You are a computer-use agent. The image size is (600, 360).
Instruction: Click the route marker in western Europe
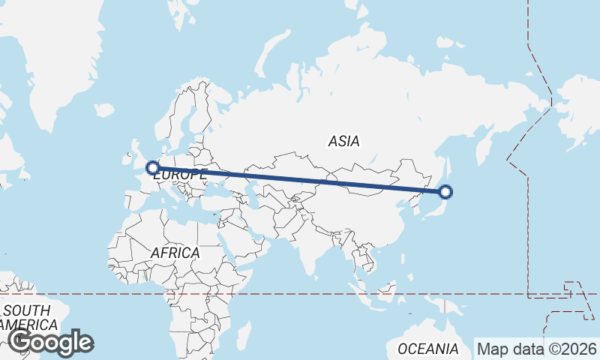coord(152,168)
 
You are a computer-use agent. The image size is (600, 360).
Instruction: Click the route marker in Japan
coord(445,191)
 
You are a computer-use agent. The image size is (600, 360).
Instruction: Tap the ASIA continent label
coord(343,141)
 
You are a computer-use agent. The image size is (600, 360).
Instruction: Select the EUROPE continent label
coord(179,174)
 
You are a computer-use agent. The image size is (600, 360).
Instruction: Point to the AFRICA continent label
coord(175,253)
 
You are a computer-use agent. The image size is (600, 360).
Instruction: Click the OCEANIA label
coord(428,349)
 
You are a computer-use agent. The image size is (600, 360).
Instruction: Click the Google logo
coord(50,342)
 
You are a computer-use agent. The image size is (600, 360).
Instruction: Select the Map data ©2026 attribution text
coord(536,349)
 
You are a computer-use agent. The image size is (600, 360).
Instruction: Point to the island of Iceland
coord(104,110)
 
